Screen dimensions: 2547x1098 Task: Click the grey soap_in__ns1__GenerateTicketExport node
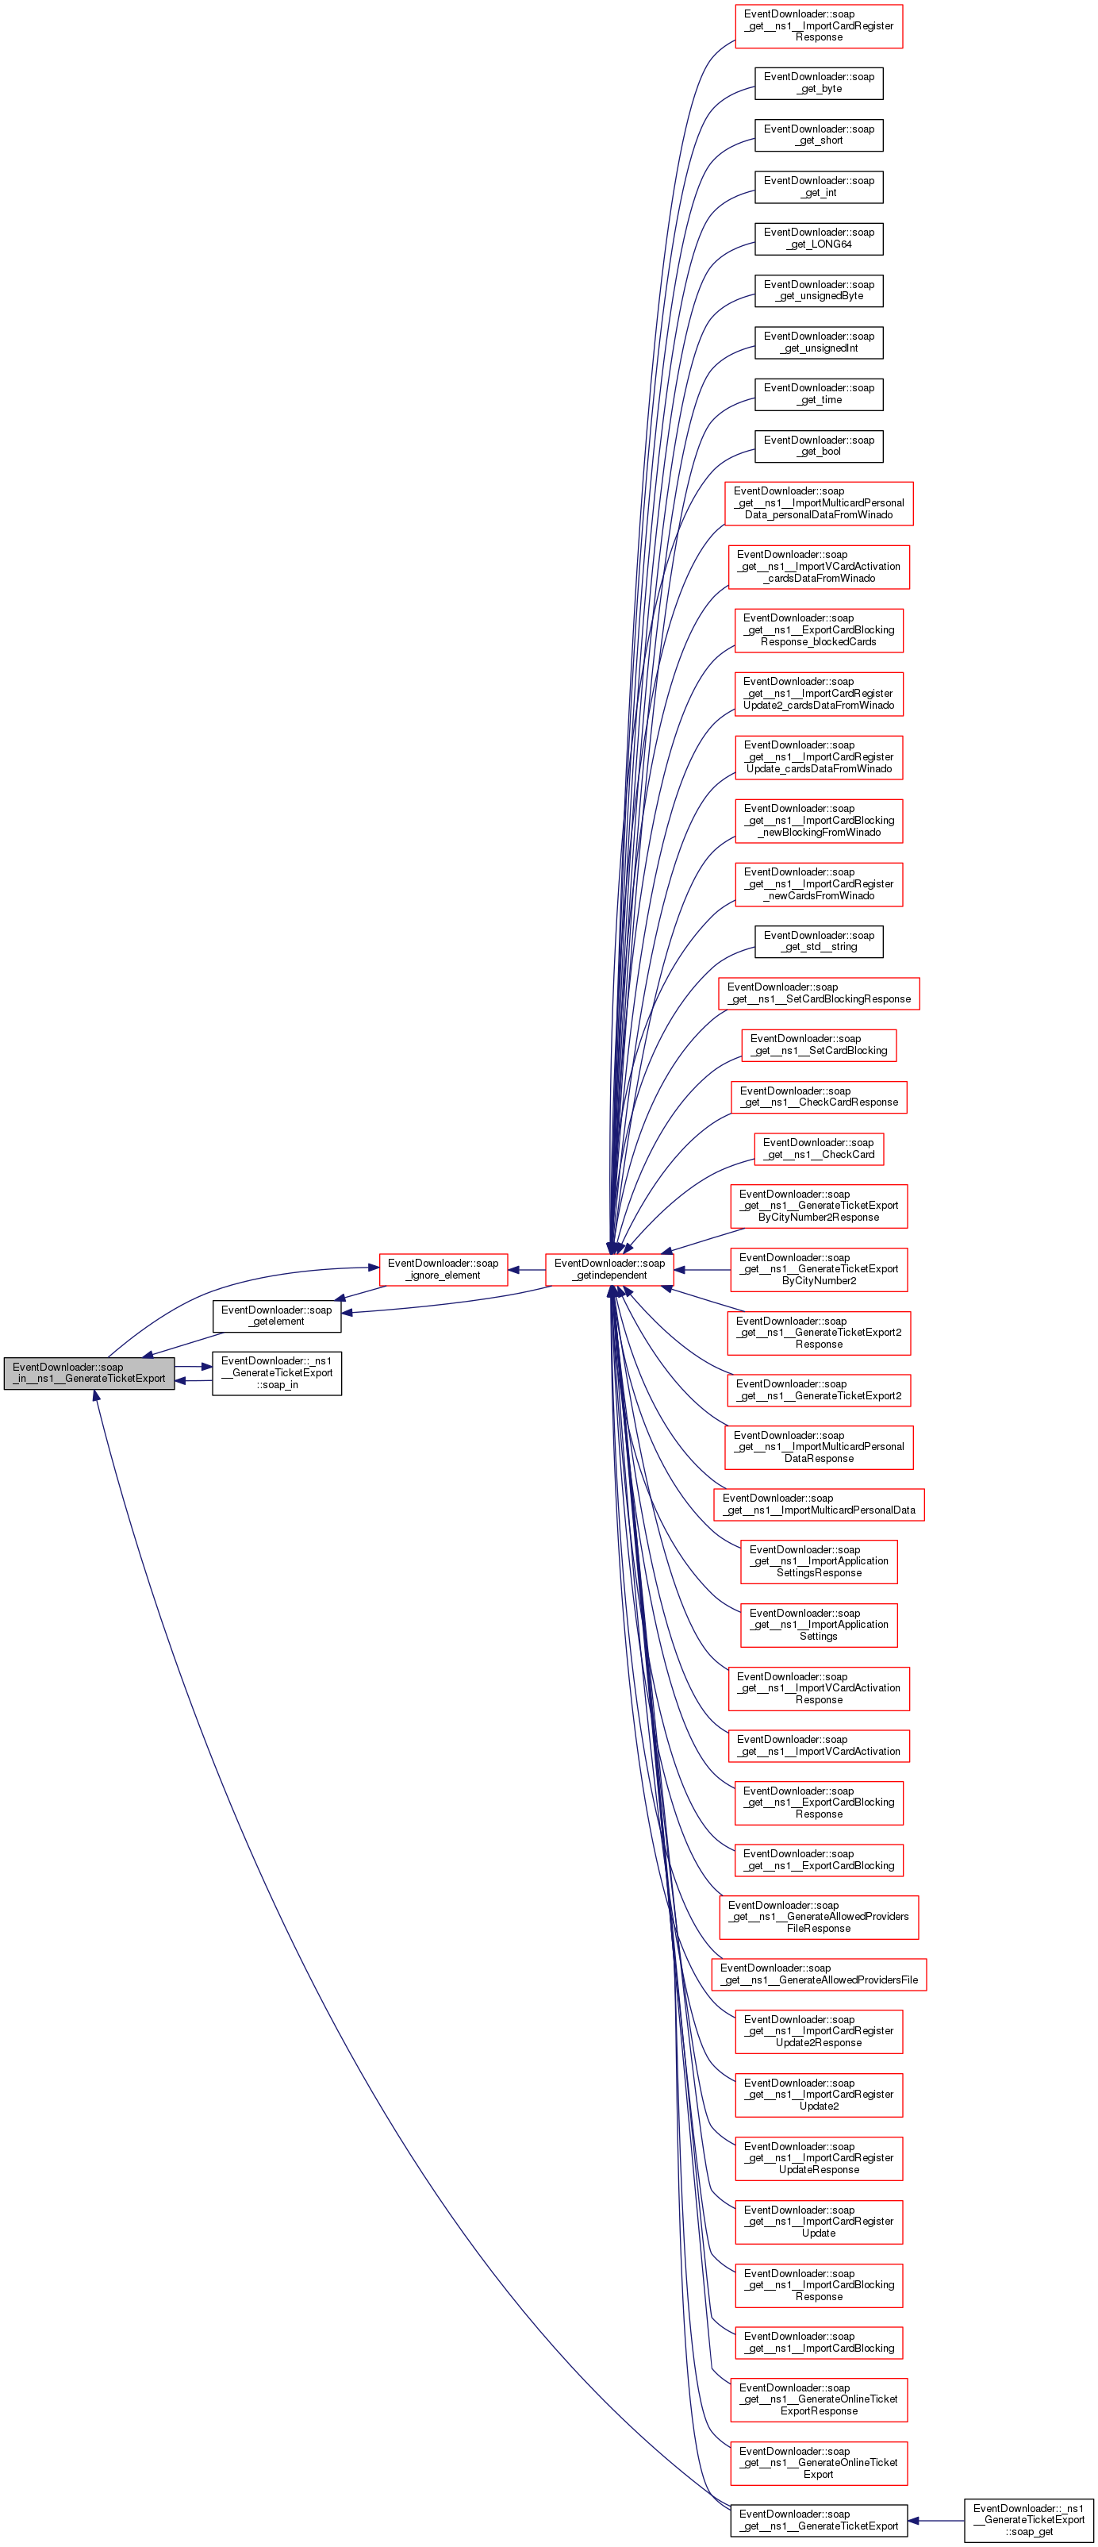(x=89, y=1372)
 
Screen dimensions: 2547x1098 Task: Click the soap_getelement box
(x=277, y=1315)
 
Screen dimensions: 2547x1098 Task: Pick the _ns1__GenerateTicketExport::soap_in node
(x=277, y=1372)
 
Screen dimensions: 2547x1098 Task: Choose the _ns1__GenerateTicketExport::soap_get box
(x=1028, y=2519)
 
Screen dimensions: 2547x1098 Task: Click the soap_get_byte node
(x=818, y=83)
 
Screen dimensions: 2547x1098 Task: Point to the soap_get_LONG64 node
(x=818, y=238)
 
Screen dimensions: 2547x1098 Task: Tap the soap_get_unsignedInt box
(x=818, y=342)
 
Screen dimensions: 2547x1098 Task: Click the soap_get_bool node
(x=818, y=446)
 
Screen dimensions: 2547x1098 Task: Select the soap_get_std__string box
(x=818, y=941)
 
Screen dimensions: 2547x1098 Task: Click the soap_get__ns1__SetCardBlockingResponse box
(x=818, y=993)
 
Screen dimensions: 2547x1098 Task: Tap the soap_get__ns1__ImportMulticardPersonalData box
(x=818, y=1504)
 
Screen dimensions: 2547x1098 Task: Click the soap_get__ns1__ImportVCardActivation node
(x=818, y=1745)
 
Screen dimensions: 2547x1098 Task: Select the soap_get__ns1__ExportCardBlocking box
(x=818, y=1860)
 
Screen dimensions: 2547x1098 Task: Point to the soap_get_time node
(x=818, y=394)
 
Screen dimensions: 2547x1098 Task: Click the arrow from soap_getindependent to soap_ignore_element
(x=527, y=1270)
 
